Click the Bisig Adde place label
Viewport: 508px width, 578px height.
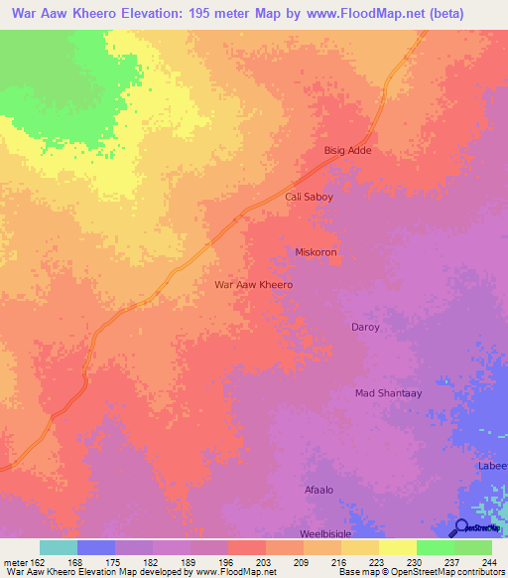(x=347, y=151)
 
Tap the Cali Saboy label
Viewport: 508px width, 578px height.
(x=309, y=197)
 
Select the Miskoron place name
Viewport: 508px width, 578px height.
(x=317, y=252)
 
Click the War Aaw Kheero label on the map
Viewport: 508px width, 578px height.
(x=254, y=284)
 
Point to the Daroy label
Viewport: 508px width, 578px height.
(x=365, y=327)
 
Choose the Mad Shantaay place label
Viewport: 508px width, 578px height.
(x=389, y=393)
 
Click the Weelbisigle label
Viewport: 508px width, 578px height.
(x=325, y=533)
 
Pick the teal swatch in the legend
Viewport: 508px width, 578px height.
(x=59, y=547)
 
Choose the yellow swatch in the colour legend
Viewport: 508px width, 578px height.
(x=397, y=547)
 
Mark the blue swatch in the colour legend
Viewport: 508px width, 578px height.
(x=96, y=547)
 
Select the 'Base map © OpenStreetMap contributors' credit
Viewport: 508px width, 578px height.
(x=420, y=572)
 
